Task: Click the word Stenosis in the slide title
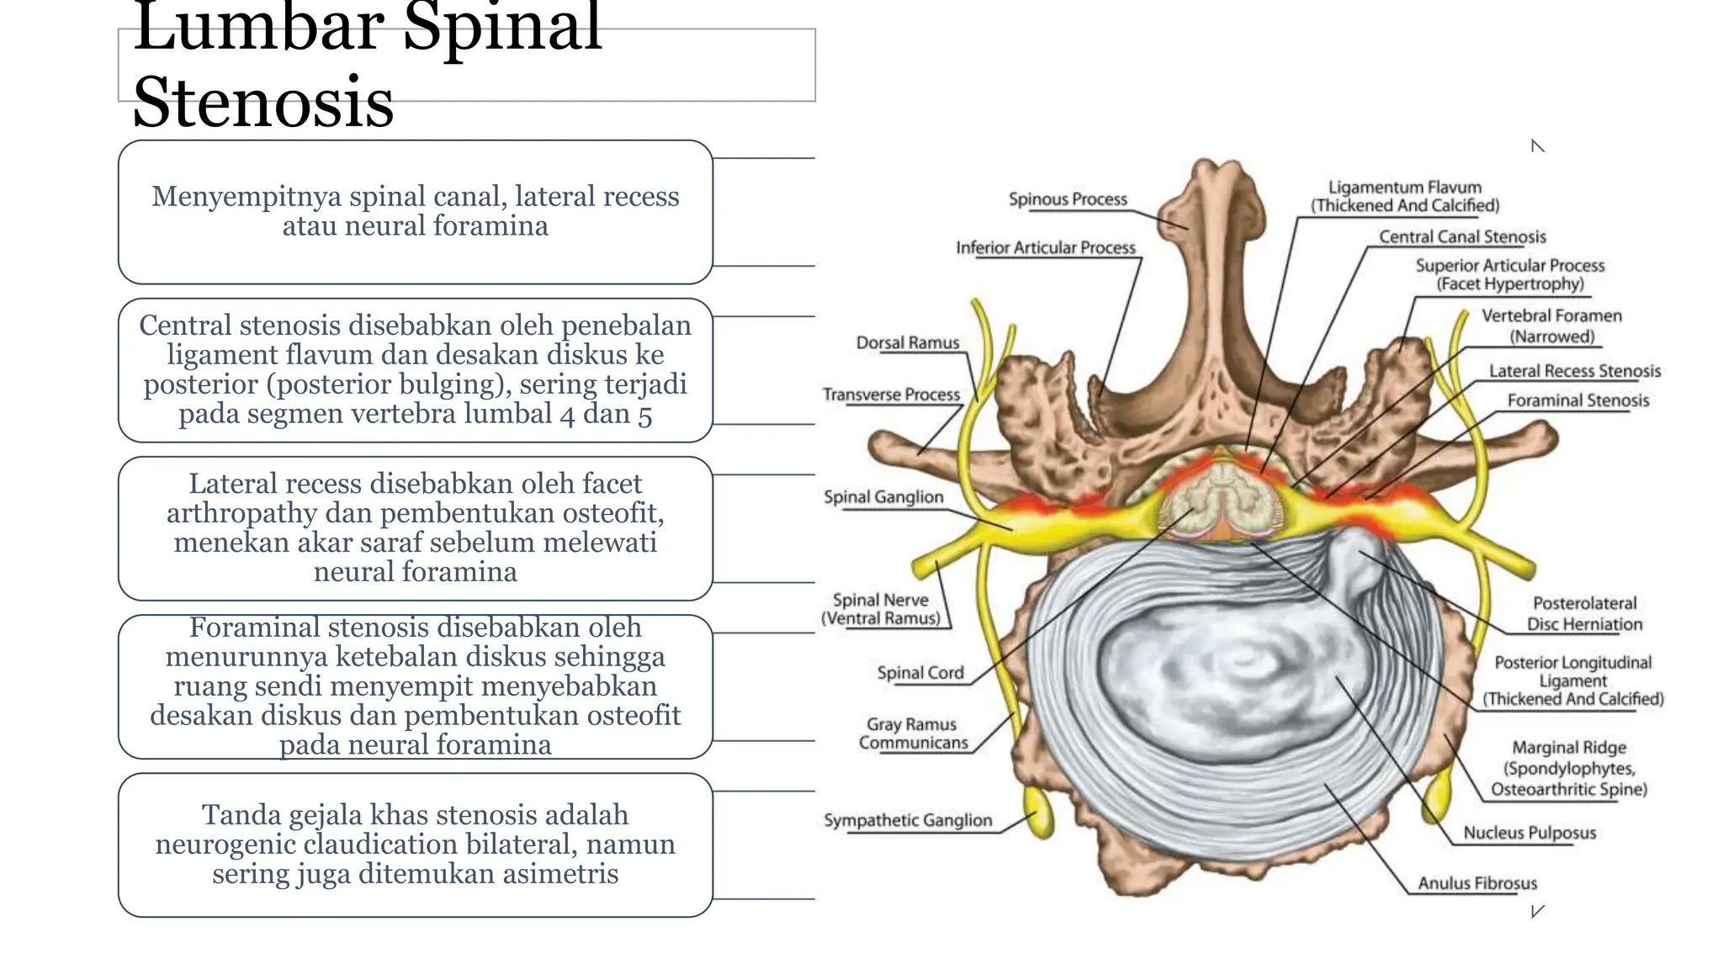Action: [x=263, y=103]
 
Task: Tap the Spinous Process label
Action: [x=1068, y=199]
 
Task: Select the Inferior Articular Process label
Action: [x=1046, y=247]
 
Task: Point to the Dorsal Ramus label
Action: [x=907, y=342]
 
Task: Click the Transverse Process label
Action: [x=891, y=394]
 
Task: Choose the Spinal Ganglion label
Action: [x=883, y=497]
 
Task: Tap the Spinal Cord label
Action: [x=920, y=673]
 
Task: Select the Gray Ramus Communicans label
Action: [x=913, y=733]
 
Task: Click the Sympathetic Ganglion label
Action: [x=908, y=820]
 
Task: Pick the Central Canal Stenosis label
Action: [x=1462, y=237]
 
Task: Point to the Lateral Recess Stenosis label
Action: [x=1575, y=371]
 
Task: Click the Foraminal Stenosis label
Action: [x=1577, y=400]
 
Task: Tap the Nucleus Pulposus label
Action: [x=1529, y=833]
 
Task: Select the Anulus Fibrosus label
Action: [x=1477, y=883]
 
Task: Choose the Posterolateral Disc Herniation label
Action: [x=1584, y=614]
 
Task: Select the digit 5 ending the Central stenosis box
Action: [x=644, y=416]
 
